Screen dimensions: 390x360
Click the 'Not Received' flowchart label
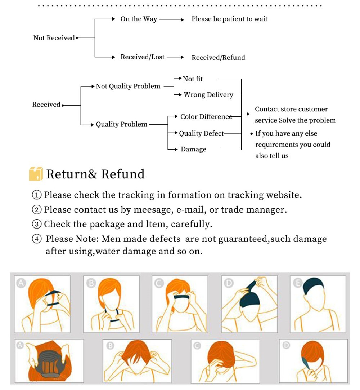(54, 38)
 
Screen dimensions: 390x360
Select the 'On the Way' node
(139, 19)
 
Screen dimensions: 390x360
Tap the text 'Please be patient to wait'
(229, 19)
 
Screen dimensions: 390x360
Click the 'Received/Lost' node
(142, 57)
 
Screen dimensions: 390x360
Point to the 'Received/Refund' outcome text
(218, 58)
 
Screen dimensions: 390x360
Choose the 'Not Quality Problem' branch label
(128, 86)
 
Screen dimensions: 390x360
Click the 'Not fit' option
(193, 79)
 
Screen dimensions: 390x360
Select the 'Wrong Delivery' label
(208, 95)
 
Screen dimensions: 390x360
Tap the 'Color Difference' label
(206, 116)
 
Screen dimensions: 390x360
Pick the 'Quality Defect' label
(201, 133)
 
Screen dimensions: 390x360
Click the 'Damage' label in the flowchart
(193, 149)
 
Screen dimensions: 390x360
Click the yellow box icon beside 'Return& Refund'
(36, 174)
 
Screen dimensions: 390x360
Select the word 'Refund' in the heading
(123, 174)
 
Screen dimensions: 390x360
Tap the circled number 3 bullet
(37, 224)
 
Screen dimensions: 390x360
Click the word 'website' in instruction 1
(283, 195)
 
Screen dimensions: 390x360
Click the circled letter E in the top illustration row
(297, 283)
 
